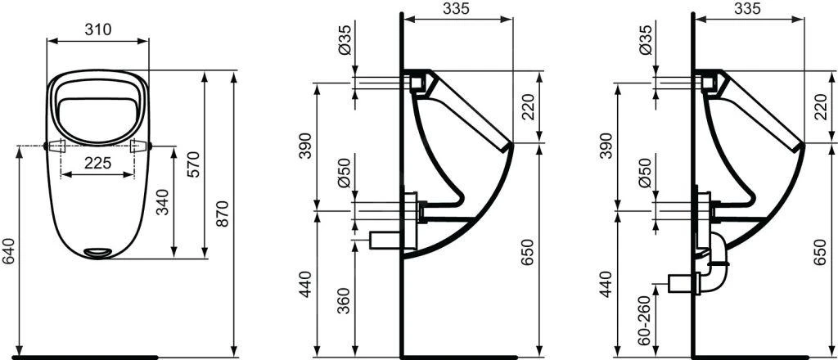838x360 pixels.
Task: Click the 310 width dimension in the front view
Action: [x=99, y=30]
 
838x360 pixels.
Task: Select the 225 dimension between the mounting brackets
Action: [x=98, y=163]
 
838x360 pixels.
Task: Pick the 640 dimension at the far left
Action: [x=8, y=250]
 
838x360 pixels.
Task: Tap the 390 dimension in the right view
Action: [x=606, y=145]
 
